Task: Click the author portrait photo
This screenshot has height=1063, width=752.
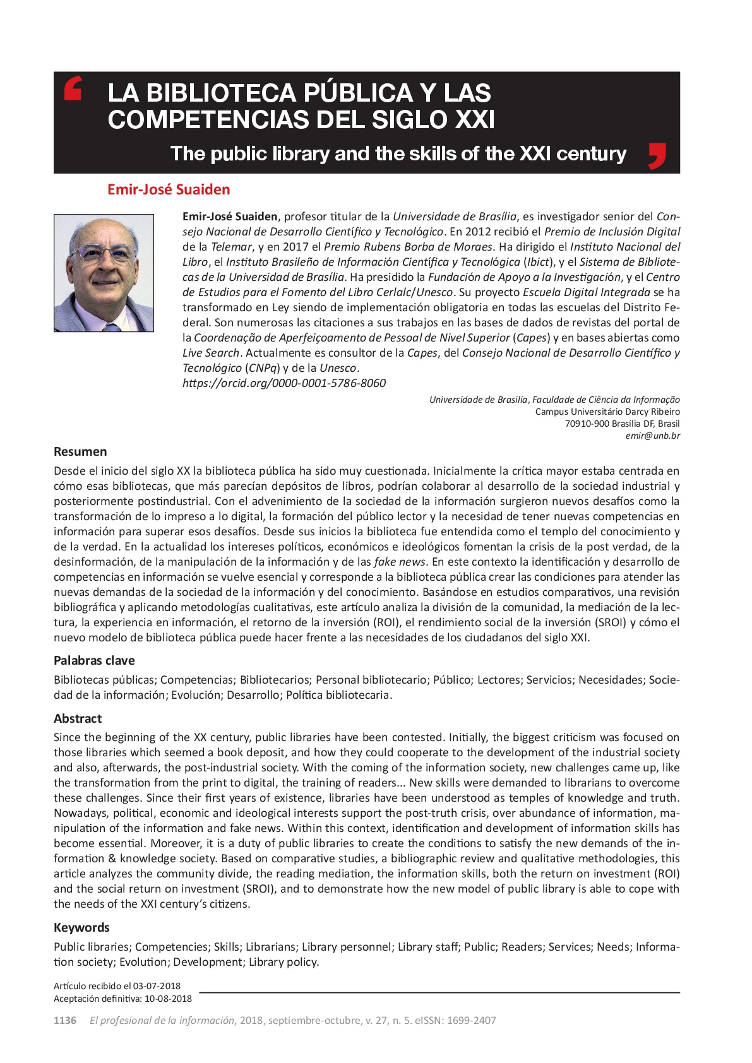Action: tap(104, 273)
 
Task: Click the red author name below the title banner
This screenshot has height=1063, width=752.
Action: tap(169, 189)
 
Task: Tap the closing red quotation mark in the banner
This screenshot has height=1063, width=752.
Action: tap(657, 156)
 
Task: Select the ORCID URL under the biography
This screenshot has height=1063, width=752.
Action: tap(284, 383)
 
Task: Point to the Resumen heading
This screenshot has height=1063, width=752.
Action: tap(80, 451)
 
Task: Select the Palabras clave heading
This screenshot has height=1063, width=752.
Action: tap(94, 660)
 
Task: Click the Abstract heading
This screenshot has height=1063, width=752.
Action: tap(78, 718)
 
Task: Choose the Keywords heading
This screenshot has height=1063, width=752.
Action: tap(81, 927)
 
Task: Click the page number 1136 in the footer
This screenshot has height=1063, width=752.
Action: tap(65, 1020)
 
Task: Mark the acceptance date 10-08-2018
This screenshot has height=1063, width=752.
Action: tap(168, 999)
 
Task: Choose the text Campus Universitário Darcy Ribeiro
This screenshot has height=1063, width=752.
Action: tap(607, 412)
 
